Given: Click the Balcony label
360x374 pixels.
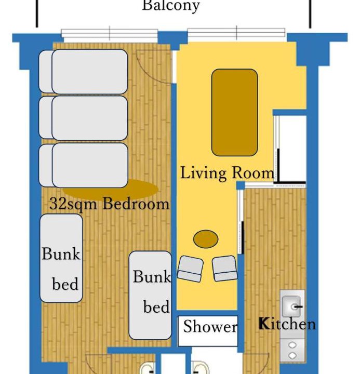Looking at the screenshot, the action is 171,6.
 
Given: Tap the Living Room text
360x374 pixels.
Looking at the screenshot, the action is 227,172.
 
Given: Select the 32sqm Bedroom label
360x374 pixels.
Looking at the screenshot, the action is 109,205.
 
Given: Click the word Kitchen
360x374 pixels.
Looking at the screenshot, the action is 287,324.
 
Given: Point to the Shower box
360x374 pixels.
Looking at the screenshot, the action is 208,331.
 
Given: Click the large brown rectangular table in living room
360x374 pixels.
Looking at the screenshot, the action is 234,112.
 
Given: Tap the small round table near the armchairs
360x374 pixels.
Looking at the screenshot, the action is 206,239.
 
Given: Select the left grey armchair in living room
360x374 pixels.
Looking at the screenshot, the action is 190,269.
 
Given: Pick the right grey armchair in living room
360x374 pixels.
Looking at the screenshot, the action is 225,269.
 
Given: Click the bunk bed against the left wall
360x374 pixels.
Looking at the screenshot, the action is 61,258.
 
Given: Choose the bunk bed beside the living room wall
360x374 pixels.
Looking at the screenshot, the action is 150,295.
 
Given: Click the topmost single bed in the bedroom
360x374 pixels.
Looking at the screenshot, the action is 83,72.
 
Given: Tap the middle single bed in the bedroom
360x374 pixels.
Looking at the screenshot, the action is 83,118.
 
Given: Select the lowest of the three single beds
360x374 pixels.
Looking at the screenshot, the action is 83,165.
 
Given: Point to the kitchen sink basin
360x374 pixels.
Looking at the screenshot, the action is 291,306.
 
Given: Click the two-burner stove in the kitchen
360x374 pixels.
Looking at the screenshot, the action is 292,350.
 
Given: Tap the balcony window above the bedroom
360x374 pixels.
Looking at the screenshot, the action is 110,33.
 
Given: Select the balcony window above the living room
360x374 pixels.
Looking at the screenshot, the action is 236,32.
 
